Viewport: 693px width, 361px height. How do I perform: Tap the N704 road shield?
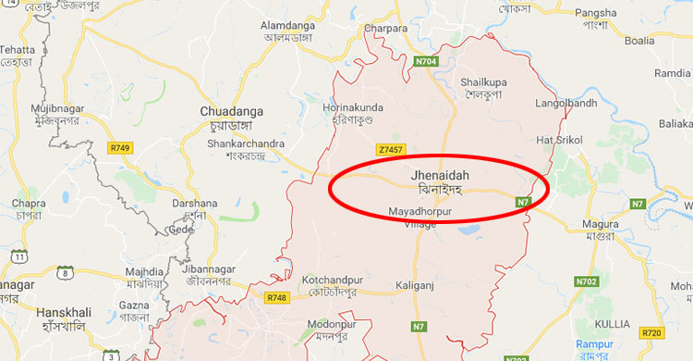426,62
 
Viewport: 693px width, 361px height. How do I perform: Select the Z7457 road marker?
390,149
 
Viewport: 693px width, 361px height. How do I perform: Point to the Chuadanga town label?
225,111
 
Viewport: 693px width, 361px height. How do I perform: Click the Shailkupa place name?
484,82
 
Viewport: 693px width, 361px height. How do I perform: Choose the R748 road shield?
276,298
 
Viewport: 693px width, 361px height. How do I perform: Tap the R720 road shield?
652,332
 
